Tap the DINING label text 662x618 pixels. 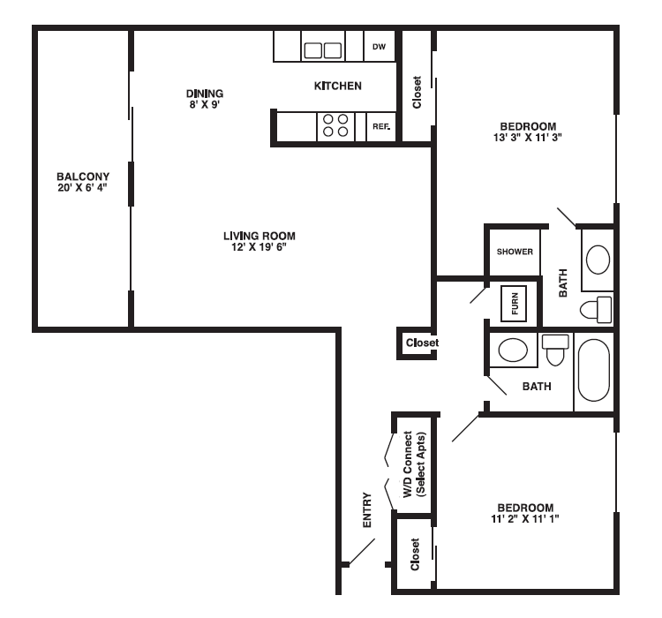pos(204,93)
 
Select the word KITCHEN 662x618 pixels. pos(337,86)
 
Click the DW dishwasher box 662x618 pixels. pos(379,47)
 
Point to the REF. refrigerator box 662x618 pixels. pos(380,126)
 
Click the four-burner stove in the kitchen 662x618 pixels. pos(335,126)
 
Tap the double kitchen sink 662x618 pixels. pos(322,49)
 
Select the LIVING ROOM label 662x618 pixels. pos(259,236)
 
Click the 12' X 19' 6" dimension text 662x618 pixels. pos(259,247)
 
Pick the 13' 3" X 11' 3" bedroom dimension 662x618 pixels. pos(527,137)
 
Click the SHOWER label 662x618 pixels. pos(515,252)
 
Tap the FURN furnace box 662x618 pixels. pos(514,304)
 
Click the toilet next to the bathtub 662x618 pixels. pos(555,350)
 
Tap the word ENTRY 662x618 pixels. pos(367,510)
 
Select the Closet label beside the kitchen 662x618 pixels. pos(418,92)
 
